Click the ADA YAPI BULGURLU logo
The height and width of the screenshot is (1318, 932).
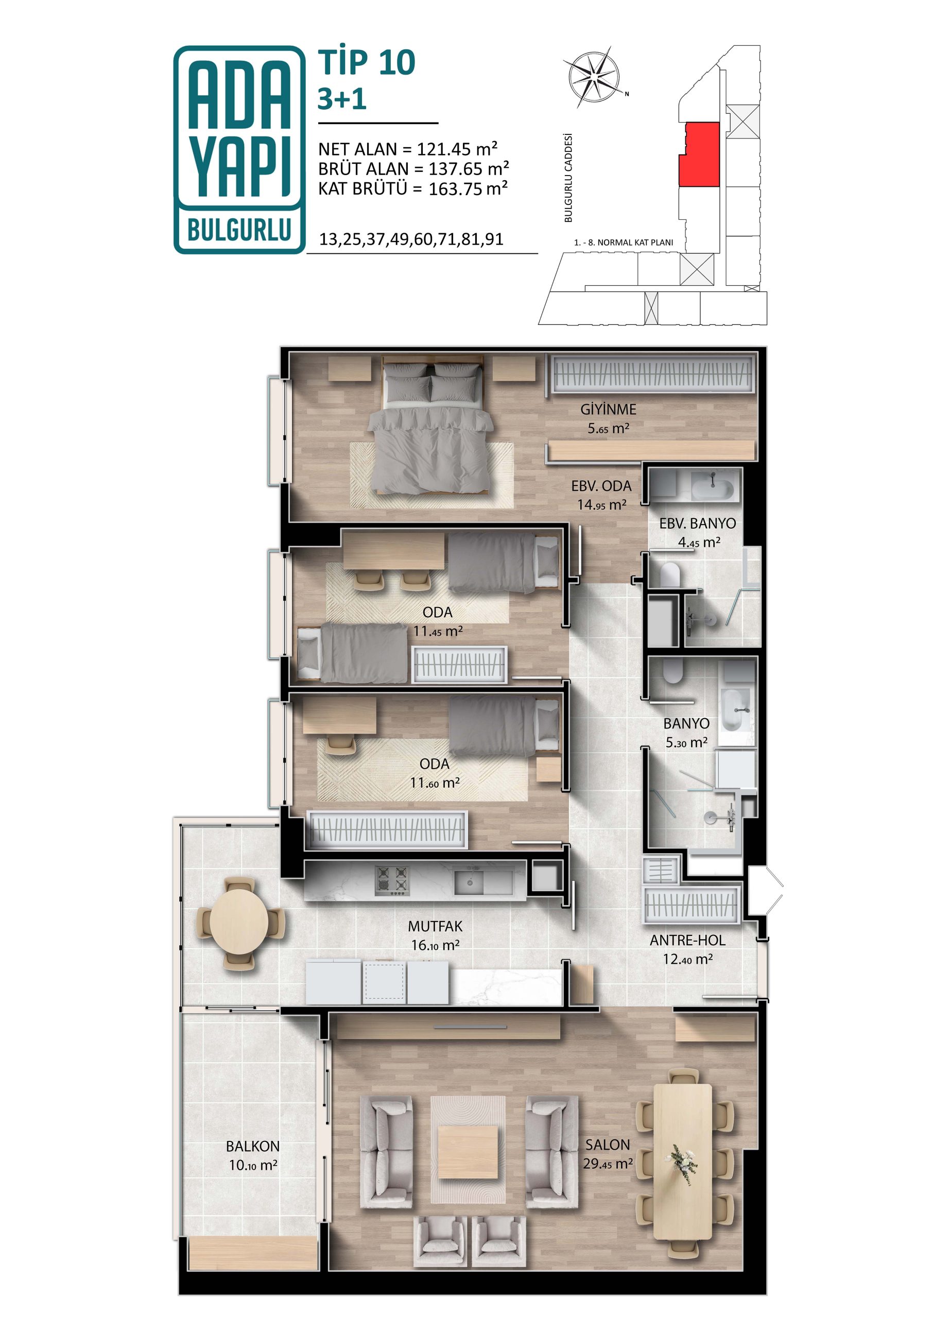(239, 149)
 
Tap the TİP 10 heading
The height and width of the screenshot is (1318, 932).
(367, 62)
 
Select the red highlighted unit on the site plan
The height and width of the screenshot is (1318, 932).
(699, 154)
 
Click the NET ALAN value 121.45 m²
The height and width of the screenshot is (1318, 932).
(457, 149)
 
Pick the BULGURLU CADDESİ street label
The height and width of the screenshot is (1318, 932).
(568, 178)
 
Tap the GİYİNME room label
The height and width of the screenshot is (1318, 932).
(608, 409)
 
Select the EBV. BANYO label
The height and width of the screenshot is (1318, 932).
(697, 523)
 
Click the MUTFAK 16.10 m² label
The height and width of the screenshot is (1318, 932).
(435, 935)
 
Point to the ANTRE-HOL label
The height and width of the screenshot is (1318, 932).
(687, 940)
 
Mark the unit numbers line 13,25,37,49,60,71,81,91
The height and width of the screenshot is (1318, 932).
(411, 239)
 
